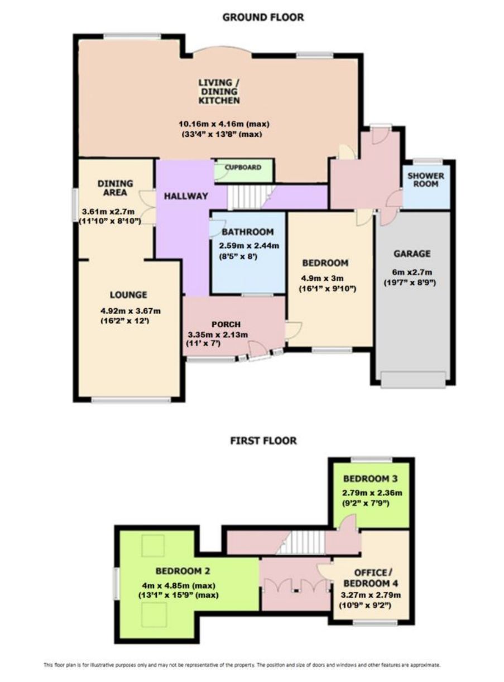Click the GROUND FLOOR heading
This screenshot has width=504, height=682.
coord(263,17)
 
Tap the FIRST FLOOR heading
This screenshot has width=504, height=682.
coord(263,441)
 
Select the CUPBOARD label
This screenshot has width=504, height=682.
coord(243,167)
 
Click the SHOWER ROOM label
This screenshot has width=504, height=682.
coord(426,180)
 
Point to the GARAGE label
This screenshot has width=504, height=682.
coord(412,254)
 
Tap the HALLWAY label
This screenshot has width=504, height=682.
coord(186,196)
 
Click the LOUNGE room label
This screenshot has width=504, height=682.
coord(128,294)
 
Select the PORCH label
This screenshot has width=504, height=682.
coord(226,325)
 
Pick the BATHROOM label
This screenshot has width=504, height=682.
coord(247,232)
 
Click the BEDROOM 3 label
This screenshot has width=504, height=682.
coord(370,479)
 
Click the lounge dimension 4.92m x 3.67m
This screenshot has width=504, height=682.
coord(131,311)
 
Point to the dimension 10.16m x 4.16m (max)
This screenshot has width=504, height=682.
coord(224,124)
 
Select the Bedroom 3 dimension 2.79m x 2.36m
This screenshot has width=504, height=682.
coord(372,493)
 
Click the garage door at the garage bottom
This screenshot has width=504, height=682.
coord(414,380)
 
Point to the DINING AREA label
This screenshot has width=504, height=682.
coord(115,188)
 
